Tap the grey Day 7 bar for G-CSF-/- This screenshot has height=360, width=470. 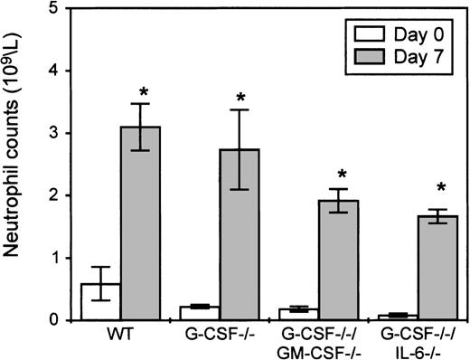(240, 234)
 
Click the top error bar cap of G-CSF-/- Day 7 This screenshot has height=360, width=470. (240, 110)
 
